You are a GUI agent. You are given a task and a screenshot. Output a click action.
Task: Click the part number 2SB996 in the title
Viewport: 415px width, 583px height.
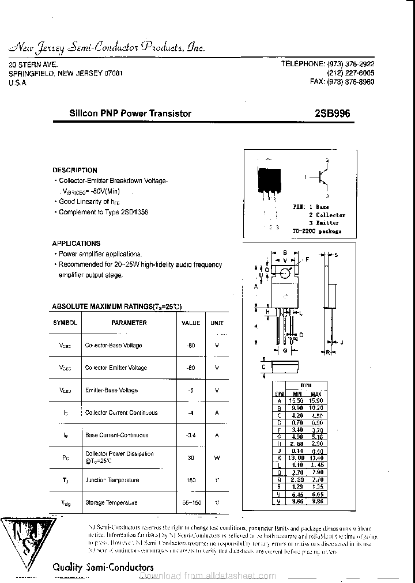[332, 113]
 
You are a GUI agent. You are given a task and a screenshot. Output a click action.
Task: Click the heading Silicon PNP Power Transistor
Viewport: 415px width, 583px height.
[130, 113]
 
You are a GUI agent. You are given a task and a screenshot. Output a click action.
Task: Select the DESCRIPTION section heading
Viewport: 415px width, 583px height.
[75, 170]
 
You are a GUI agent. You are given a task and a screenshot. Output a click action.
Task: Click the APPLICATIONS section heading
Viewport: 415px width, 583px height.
[76, 243]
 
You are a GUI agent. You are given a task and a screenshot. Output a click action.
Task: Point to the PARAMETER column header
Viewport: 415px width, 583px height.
[129, 323]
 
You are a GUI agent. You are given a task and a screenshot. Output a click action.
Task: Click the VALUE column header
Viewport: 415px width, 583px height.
[191, 323]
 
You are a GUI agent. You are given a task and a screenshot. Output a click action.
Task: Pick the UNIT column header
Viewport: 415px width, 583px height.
[217, 323]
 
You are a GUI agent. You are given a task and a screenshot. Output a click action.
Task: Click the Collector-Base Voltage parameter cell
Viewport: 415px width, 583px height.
[113, 346]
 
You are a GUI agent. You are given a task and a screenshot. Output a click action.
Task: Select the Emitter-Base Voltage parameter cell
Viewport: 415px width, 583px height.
[111, 391]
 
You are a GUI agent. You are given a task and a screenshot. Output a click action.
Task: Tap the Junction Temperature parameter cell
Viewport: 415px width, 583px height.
[112, 480]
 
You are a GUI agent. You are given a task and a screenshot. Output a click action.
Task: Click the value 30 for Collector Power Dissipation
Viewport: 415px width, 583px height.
[191, 458]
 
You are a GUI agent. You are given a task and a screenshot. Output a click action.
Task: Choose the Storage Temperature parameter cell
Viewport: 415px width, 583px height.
[111, 503]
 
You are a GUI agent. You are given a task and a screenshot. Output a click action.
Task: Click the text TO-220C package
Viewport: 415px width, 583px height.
[316, 231]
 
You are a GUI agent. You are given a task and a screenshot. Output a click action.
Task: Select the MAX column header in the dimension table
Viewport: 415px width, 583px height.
[316, 394]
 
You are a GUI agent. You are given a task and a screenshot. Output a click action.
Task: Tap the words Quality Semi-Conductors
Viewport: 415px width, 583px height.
[103, 567]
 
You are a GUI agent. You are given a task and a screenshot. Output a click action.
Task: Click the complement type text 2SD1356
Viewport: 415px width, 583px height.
[135, 212]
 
